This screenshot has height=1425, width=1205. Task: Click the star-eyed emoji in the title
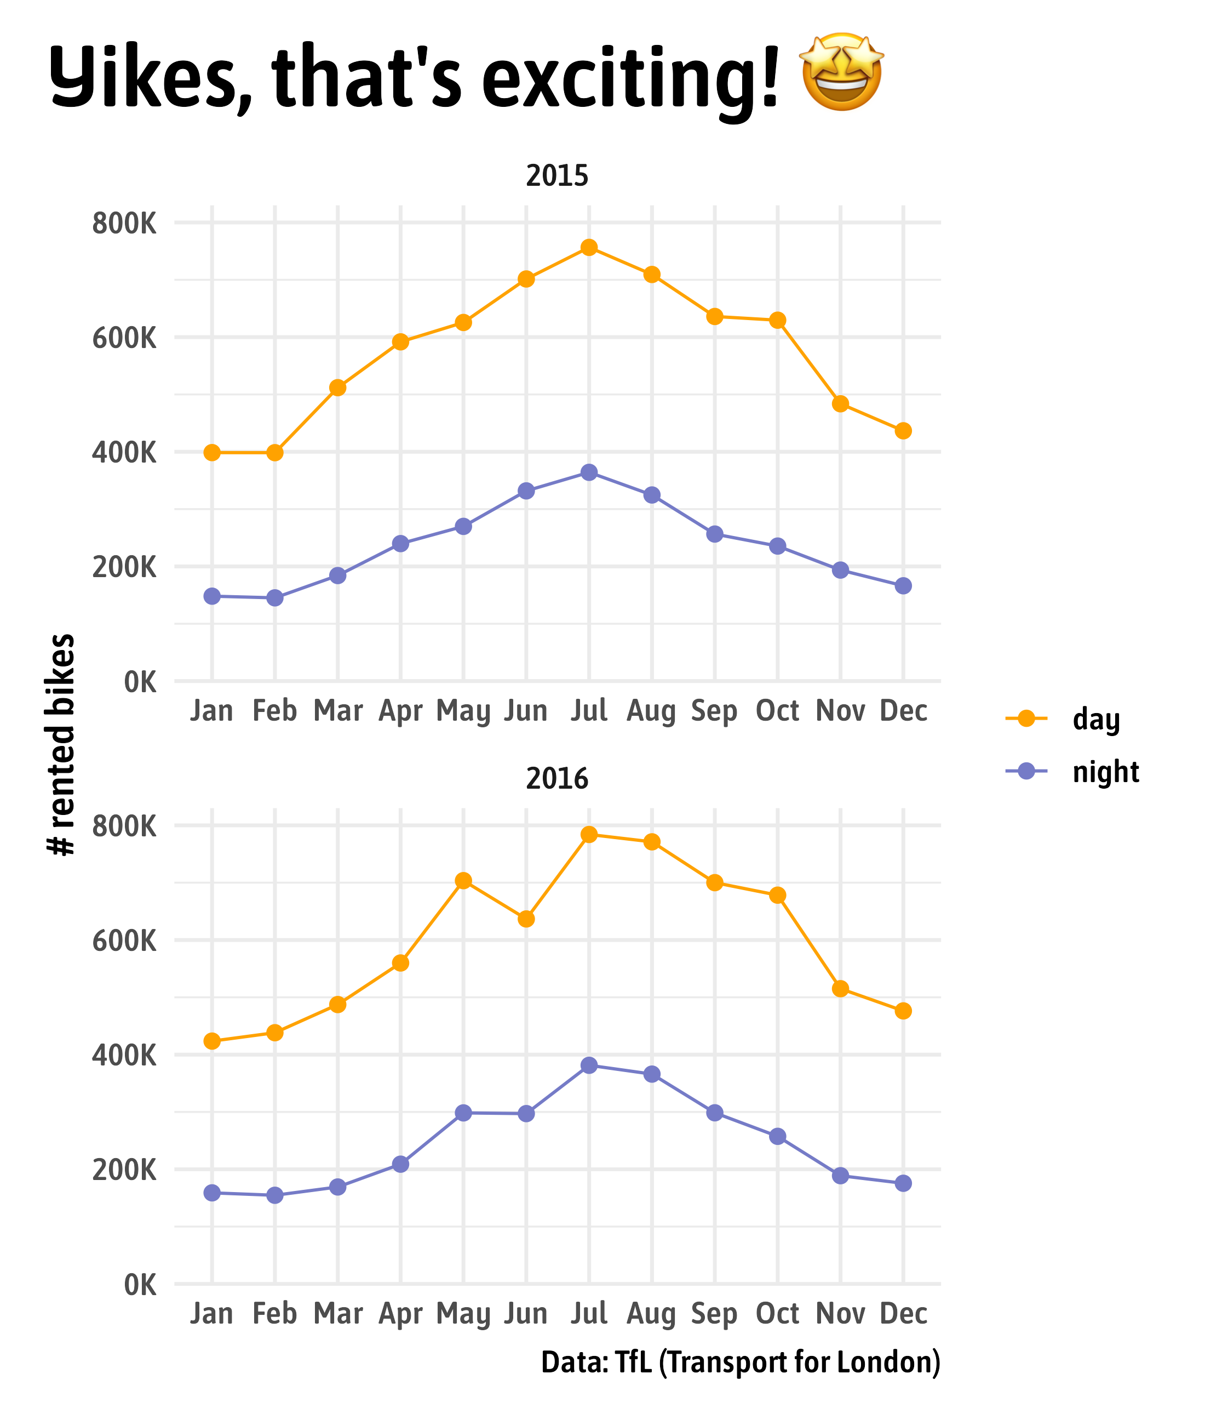click(x=842, y=72)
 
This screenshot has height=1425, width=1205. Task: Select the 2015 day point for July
click(x=589, y=247)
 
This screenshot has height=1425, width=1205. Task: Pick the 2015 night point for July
click(x=589, y=472)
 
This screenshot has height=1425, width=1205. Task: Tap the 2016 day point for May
click(x=463, y=880)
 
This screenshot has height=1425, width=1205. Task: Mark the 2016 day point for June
click(x=526, y=919)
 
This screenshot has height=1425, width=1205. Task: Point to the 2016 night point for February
click(x=274, y=1195)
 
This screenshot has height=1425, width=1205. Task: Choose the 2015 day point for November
click(x=840, y=404)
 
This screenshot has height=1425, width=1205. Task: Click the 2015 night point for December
click(x=903, y=586)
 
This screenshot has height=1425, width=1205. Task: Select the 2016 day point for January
click(x=212, y=1041)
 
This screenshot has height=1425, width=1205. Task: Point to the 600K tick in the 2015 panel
click(x=124, y=338)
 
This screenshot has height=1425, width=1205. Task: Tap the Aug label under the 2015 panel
click(x=651, y=711)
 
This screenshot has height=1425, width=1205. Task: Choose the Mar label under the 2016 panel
click(x=337, y=1314)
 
